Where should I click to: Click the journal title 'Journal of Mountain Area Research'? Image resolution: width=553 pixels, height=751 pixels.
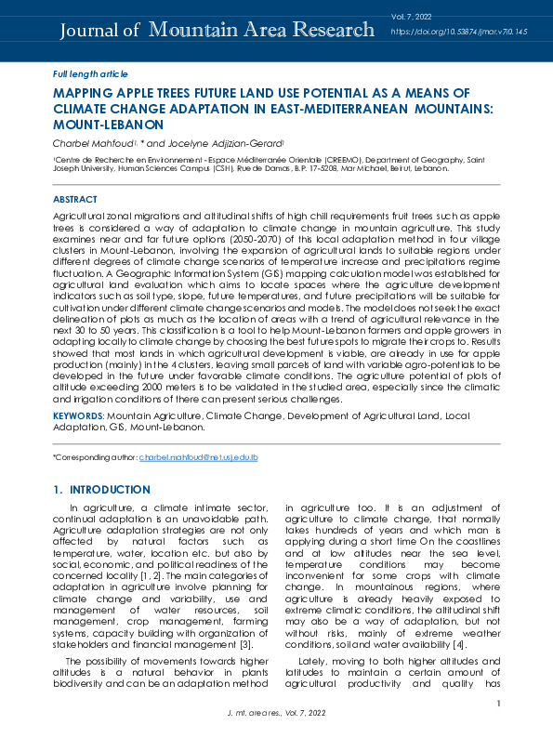217,31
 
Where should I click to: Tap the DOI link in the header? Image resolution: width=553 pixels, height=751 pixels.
458,32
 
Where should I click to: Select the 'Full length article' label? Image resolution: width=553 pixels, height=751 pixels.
90,73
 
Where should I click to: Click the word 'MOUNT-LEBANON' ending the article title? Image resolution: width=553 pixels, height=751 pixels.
109,124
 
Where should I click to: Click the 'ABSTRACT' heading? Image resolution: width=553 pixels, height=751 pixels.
75,200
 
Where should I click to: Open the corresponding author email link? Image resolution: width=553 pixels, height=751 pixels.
198,458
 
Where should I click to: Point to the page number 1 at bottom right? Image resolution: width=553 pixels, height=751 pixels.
498,704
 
